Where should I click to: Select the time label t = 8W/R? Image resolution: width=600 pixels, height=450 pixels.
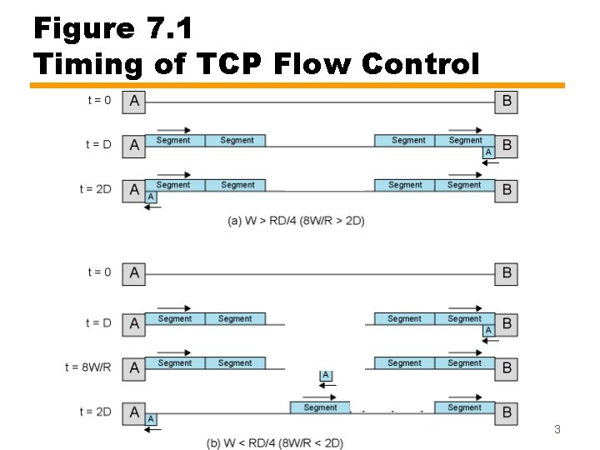coord(88,367)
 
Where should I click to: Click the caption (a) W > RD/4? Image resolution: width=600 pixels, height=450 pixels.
coord(296,220)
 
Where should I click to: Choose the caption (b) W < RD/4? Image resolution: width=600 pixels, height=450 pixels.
coord(275,442)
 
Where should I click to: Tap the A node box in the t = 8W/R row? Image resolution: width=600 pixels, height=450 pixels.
coord(134,367)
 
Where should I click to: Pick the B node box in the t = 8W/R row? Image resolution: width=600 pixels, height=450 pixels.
coord(507,367)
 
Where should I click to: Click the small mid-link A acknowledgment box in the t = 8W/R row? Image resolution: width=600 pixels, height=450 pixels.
coord(326,376)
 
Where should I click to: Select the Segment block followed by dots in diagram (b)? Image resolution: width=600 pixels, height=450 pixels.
coord(320,407)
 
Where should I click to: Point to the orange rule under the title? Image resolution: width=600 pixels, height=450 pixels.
coord(297,85)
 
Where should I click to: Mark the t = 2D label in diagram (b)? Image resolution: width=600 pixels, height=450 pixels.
coord(96,412)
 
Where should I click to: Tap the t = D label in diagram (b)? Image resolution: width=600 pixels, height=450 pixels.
coord(98,322)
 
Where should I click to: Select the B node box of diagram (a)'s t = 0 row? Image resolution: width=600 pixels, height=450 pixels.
coord(507,102)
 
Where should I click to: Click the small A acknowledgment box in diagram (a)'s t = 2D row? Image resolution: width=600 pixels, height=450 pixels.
coord(151,197)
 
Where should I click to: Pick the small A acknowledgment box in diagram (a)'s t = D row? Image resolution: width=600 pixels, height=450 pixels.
coord(487,152)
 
